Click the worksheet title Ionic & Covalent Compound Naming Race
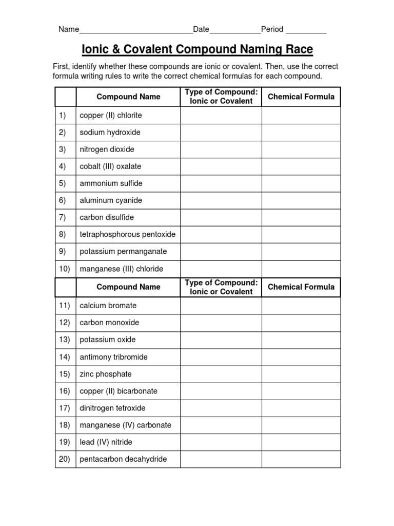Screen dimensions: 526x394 (198, 50)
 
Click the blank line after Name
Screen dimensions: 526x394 (135, 30)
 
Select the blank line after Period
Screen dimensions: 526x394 (306, 30)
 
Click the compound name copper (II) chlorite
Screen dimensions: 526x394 (111, 116)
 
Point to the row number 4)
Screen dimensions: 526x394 (63, 166)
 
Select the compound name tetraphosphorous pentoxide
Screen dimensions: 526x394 (128, 234)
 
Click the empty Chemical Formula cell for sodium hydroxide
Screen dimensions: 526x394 (301, 133)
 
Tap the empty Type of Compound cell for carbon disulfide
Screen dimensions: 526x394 (221, 217)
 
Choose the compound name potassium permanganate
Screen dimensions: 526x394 (123, 252)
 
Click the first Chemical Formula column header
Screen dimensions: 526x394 (301, 97)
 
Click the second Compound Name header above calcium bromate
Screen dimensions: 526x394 (128, 287)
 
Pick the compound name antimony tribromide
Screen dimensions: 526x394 (114, 357)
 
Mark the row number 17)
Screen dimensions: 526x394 (64, 408)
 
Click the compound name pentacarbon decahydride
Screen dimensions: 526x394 (123, 459)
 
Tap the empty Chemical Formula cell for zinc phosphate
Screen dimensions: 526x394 (301, 374)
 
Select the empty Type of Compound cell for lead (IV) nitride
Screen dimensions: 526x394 (221, 442)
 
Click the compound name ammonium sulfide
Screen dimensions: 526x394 (111, 183)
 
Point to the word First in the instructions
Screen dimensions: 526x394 (62, 67)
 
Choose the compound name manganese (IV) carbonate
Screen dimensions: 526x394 (126, 425)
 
